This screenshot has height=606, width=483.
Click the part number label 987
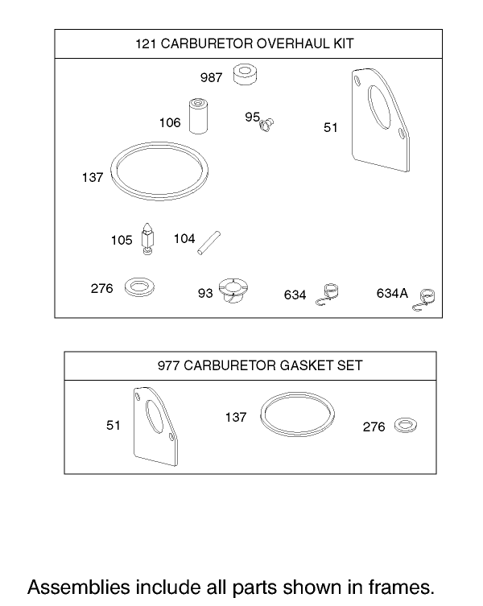(x=211, y=77)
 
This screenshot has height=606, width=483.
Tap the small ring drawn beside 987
(x=246, y=74)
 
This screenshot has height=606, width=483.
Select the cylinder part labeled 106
(x=198, y=116)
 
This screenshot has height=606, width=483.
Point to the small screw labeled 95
(x=266, y=125)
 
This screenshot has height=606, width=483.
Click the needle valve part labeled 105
(x=147, y=238)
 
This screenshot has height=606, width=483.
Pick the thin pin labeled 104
(x=208, y=243)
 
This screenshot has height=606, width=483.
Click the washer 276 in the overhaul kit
(x=139, y=287)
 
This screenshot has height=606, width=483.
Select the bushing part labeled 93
(x=233, y=291)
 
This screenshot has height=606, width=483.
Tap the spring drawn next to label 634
(x=328, y=295)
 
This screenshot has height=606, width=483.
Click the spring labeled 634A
(x=424, y=300)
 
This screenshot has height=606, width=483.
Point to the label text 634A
(x=392, y=293)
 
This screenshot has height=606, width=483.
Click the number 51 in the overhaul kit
(x=331, y=127)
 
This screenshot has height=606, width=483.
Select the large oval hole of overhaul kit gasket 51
(x=379, y=103)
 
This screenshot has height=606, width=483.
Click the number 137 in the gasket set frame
(x=236, y=418)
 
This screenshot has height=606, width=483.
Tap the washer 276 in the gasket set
(x=406, y=425)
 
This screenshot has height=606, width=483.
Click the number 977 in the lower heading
(x=168, y=365)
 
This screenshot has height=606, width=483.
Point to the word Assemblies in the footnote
(x=79, y=587)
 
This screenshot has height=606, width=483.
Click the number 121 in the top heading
(x=146, y=43)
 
